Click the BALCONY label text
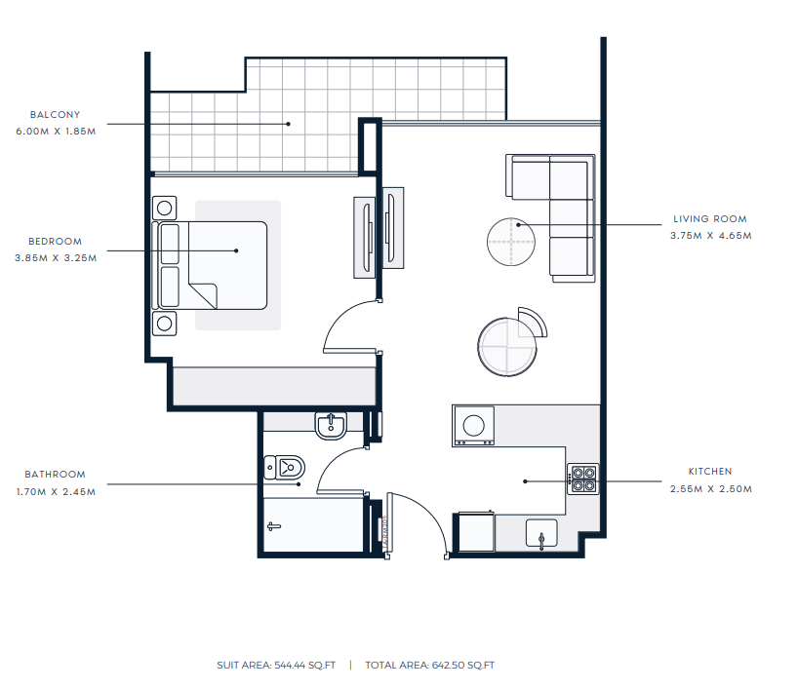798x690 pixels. [x=55, y=115]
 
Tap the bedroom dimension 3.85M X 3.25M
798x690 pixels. [x=56, y=258]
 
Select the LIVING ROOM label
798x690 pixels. [x=710, y=219]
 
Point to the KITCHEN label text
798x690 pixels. [x=710, y=472]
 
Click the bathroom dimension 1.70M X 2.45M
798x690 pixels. [x=56, y=492]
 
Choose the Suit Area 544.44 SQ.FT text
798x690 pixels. [x=276, y=665]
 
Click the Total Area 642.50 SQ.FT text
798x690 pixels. [x=429, y=665]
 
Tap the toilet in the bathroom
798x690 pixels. [x=285, y=467]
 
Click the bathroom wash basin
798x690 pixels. [x=331, y=426]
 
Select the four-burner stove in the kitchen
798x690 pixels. [x=583, y=479]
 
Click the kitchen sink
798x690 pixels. [x=541, y=533]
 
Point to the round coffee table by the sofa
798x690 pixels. [x=511, y=242]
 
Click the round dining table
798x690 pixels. [x=507, y=347]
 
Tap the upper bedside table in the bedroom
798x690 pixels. [x=165, y=208]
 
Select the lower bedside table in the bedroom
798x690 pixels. [x=165, y=324]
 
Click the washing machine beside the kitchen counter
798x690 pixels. [x=473, y=426]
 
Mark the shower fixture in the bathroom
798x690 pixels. [x=274, y=527]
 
